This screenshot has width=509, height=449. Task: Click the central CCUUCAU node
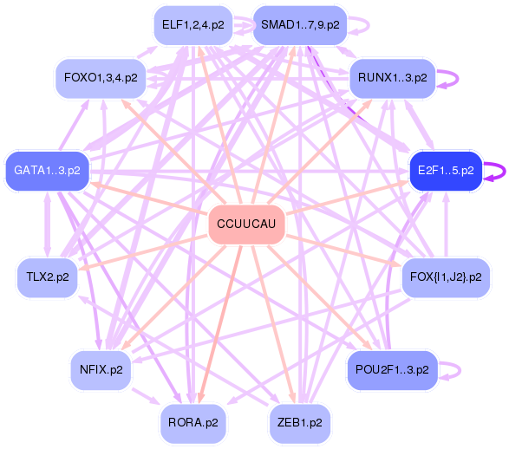pyautogui.click(x=246, y=225)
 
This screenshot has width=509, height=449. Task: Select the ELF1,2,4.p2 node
pyautogui.click(x=193, y=25)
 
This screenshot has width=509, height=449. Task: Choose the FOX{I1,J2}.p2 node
pyautogui.click(x=446, y=277)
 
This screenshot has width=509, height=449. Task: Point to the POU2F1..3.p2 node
pyautogui.click(x=392, y=369)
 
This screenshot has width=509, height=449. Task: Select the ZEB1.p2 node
pyautogui.click(x=301, y=423)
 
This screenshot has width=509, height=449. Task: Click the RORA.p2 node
pyautogui.click(x=193, y=423)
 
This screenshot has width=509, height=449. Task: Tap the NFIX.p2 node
pyautogui.click(x=101, y=369)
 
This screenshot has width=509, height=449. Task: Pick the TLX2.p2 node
pyautogui.click(x=48, y=277)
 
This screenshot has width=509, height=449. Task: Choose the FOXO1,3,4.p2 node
pyautogui.click(x=101, y=78)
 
